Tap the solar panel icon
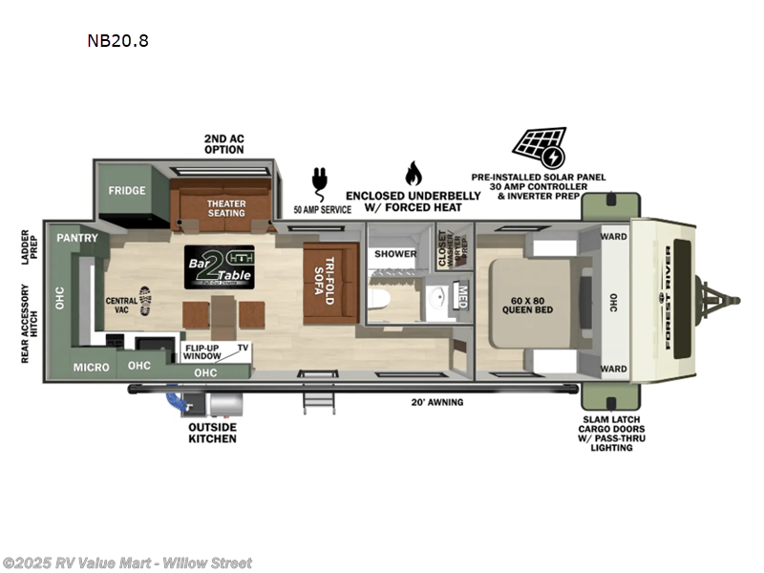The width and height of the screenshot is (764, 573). [x=539, y=147]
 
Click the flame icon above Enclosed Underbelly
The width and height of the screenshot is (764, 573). [x=413, y=174]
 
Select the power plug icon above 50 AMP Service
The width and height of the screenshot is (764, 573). [x=319, y=180]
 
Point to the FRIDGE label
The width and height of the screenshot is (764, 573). [x=126, y=190]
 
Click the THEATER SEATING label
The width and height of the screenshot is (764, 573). [x=227, y=207]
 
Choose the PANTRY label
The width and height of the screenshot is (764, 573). [x=73, y=237]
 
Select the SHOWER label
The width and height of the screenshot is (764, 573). [x=394, y=254]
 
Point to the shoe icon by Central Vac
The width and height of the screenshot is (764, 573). [x=145, y=299]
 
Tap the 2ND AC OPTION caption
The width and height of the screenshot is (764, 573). [x=223, y=144]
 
